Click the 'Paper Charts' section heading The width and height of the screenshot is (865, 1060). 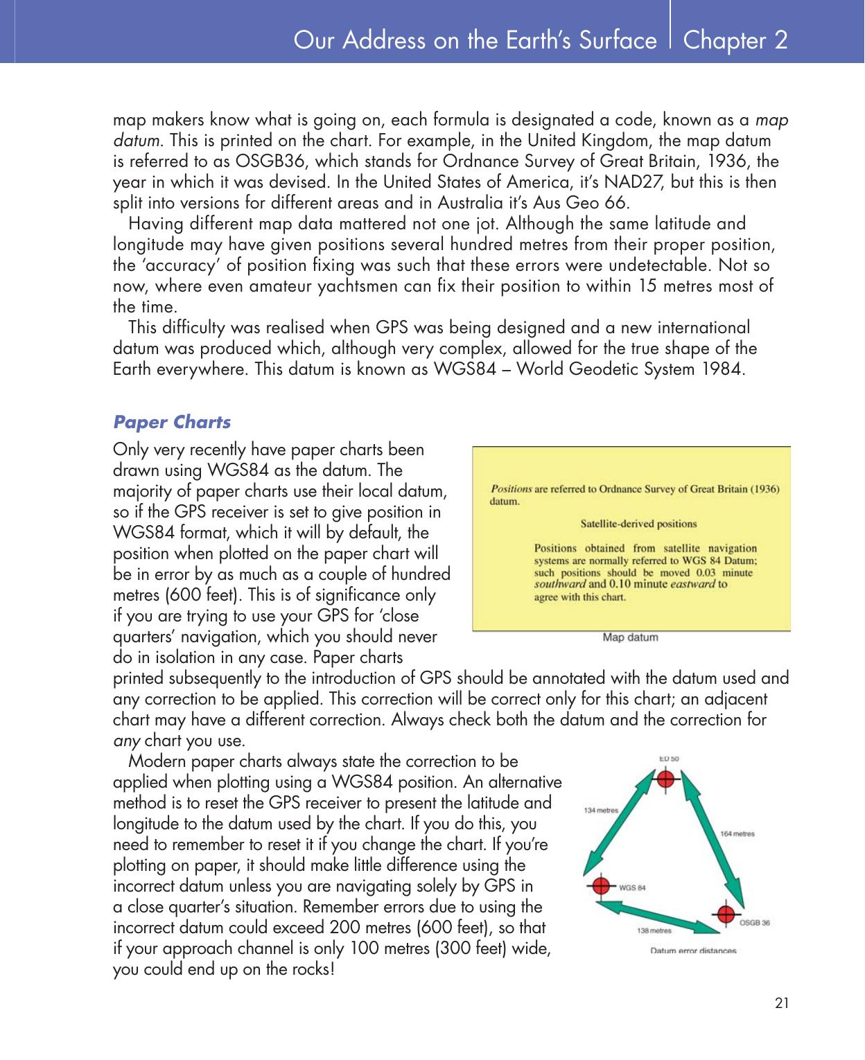click(172, 422)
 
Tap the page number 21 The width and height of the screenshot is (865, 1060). click(782, 1002)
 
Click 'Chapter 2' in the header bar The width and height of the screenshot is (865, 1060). click(735, 40)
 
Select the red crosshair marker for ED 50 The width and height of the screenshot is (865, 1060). click(665, 779)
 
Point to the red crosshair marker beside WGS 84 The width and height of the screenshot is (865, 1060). click(602, 886)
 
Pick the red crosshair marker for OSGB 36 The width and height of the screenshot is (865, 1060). click(725, 915)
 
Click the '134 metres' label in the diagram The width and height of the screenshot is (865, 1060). click(601, 809)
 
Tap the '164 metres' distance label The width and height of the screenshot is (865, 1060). click(737, 833)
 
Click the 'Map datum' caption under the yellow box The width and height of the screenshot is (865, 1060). click(630, 637)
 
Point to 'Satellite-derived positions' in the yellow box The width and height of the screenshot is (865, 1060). click(638, 523)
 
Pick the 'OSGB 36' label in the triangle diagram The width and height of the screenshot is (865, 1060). click(755, 923)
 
